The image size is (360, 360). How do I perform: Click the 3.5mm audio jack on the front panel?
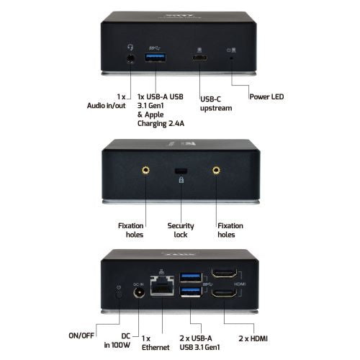(130, 58)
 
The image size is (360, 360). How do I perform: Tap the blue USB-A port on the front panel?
(156, 58)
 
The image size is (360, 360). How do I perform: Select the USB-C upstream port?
(199, 58)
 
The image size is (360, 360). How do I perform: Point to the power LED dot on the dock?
(231, 58)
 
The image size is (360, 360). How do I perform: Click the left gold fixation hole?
(145, 170)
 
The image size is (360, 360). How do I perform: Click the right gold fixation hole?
(216, 170)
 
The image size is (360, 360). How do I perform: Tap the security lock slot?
(181, 171)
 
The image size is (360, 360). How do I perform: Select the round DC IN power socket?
(139, 293)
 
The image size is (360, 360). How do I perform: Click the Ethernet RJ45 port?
(162, 285)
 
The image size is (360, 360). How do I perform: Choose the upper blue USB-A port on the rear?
(191, 277)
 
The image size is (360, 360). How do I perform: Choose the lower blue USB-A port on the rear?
(191, 292)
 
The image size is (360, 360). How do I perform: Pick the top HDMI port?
(224, 273)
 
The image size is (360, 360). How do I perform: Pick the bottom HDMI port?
(224, 292)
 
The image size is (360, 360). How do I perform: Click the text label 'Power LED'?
(266, 96)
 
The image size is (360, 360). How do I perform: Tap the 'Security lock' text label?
(181, 230)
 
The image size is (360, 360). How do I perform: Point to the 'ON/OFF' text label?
(81, 336)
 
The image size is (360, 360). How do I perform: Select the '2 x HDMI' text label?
(253, 338)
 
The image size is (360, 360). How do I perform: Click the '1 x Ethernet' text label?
(156, 343)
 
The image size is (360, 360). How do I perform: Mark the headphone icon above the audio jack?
(130, 47)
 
